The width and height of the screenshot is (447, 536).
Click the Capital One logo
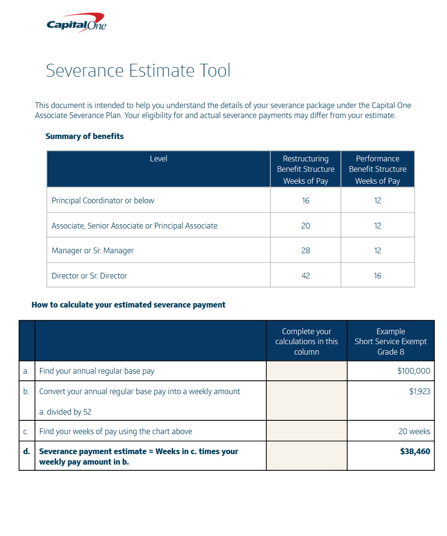tap(76, 23)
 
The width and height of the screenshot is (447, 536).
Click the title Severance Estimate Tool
tap(138, 71)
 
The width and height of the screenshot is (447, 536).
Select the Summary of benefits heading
tap(85, 136)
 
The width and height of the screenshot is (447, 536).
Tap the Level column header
tap(158, 159)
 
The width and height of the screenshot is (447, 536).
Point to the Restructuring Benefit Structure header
tap(306, 169)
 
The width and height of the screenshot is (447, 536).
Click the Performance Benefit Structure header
tap(378, 169)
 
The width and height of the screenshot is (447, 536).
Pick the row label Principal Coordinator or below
tap(103, 200)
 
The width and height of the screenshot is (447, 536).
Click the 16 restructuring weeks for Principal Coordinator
tap(305, 200)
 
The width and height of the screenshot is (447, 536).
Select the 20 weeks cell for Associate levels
tap(305, 226)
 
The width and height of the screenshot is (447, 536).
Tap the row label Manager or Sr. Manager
tap(93, 250)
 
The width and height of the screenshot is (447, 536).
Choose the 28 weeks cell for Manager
tap(305, 250)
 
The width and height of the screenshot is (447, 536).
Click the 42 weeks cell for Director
tap(305, 276)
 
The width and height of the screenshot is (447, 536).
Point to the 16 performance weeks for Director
tap(378, 276)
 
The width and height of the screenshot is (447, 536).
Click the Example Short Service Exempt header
tap(390, 341)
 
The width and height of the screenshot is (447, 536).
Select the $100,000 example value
tap(414, 371)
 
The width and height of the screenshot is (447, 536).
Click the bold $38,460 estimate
tap(415, 451)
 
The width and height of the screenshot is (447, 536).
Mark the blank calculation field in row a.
tap(307, 371)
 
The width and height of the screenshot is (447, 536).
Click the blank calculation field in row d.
tap(307, 456)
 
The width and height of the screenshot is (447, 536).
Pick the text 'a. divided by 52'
tap(65, 412)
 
